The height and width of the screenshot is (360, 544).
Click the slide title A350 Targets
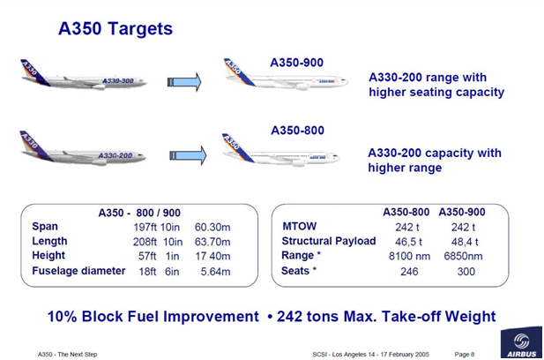pyautogui.click(x=116, y=28)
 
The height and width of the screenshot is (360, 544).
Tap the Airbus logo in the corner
pyautogui.click(x=521, y=342)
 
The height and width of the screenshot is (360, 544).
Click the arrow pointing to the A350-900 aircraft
pyautogui.click(x=184, y=82)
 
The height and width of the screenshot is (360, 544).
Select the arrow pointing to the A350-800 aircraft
pyautogui.click(x=188, y=155)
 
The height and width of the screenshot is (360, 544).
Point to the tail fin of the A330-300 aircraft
pyautogui.click(x=34, y=71)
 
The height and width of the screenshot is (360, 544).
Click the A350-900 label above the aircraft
pyautogui.click(x=296, y=63)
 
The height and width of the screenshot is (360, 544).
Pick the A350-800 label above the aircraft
pyautogui.click(x=297, y=131)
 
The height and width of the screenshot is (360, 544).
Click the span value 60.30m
pyautogui.click(x=212, y=227)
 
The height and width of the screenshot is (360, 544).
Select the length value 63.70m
pyautogui.click(x=212, y=242)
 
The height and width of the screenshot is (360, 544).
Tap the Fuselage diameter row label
pyautogui.click(x=78, y=271)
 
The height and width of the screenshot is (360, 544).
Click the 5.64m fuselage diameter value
pyautogui.click(x=215, y=272)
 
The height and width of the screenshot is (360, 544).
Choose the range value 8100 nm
pyautogui.click(x=409, y=256)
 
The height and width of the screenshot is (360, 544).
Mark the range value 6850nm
pyautogui.click(x=463, y=256)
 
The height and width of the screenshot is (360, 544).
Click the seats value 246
pyautogui.click(x=409, y=272)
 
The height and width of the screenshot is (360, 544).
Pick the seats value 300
pyautogui.click(x=466, y=272)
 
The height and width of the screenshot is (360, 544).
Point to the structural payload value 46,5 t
pyautogui.click(x=408, y=242)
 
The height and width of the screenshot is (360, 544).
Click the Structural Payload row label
pyautogui.click(x=329, y=241)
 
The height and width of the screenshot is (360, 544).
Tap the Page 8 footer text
pyautogui.click(x=465, y=355)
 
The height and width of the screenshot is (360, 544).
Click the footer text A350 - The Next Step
pyautogui.click(x=67, y=355)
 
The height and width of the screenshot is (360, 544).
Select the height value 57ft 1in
pyautogui.click(x=159, y=256)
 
